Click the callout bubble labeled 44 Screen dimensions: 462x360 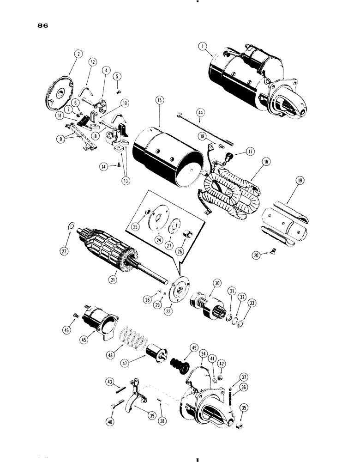200,112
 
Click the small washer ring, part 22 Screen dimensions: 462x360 72,226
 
